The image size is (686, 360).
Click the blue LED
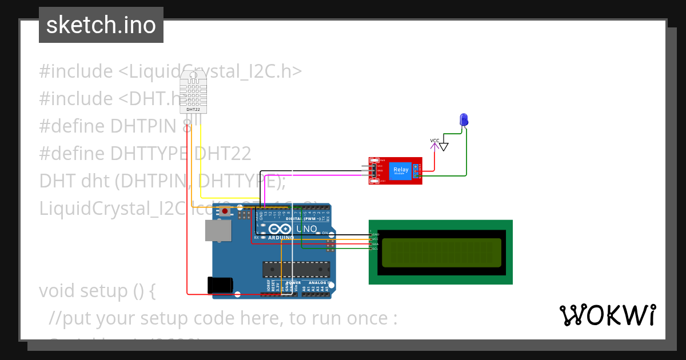tap(464, 119)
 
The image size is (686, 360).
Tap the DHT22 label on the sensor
tap(193, 109)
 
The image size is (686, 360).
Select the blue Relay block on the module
tap(400, 170)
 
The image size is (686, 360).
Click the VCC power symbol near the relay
tap(434, 141)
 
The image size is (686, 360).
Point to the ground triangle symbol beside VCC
tap(444, 147)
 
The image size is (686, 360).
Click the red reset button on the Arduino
tap(225, 211)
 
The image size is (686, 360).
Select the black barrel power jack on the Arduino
tap(220, 285)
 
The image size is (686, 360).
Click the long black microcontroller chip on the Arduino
tap(296, 269)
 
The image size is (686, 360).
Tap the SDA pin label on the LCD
tap(375, 244)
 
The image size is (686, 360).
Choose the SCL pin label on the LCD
tap(375, 249)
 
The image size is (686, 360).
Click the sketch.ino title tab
tap(101, 25)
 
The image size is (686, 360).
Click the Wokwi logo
tap(607, 315)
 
